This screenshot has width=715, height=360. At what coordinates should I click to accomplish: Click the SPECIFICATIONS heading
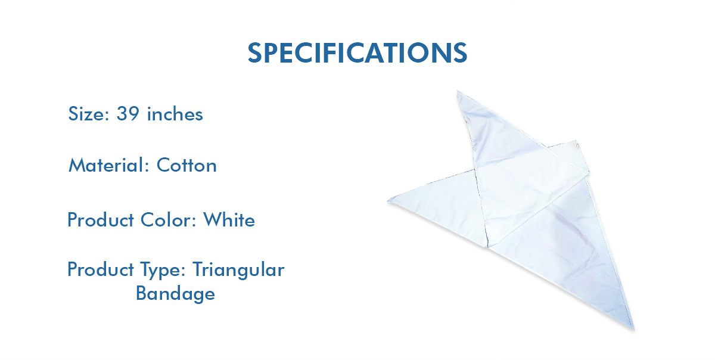click(357, 52)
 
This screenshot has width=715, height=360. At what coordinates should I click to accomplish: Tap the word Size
click(86, 114)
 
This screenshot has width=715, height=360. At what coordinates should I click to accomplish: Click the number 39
click(128, 114)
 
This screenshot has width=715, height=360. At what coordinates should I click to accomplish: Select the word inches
click(175, 114)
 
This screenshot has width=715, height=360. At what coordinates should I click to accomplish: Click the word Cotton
click(186, 166)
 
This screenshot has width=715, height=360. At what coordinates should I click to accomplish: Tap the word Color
click(166, 220)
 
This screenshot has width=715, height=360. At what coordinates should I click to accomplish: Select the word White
click(229, 220)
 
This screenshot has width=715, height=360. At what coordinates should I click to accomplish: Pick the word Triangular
click(238, 270)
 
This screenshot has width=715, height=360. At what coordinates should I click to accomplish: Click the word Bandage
click(175, 293)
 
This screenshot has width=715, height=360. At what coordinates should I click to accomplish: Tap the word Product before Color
click(101, 220)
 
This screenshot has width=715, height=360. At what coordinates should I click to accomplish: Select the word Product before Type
click(101, 269)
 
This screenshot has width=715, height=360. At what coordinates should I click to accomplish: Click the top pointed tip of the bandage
click(458, 92)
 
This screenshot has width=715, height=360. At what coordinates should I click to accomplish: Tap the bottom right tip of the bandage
click(633, 329)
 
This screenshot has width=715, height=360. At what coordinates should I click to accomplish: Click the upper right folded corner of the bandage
click(576, 141)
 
